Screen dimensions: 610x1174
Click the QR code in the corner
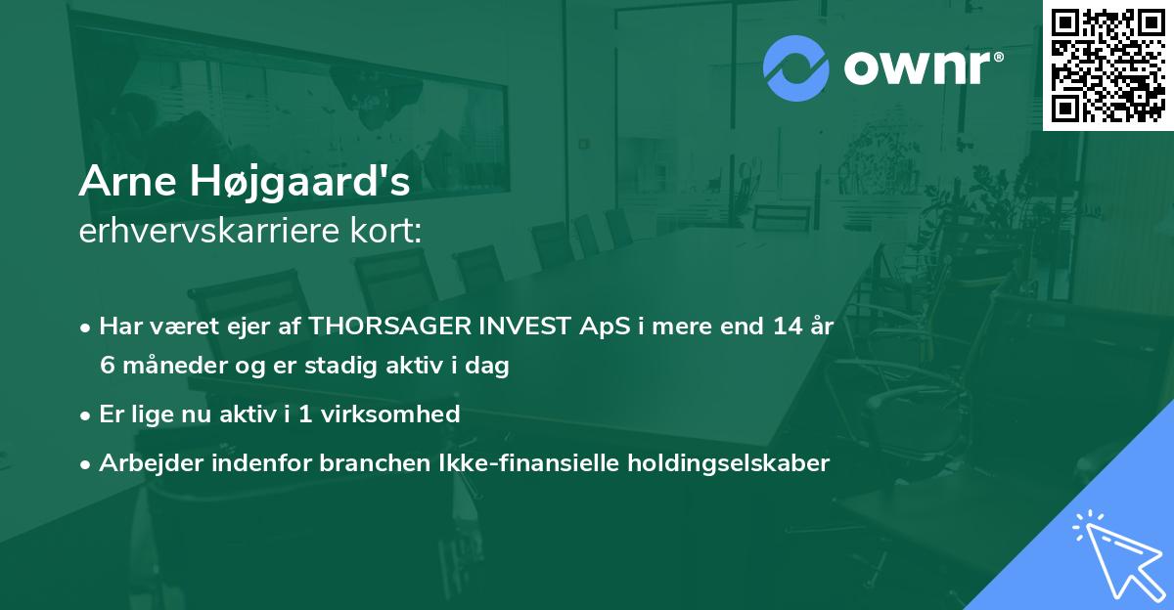[1107, 65]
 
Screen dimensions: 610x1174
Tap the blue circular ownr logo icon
[795, 67]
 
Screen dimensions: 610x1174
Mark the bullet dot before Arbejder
[86, 464]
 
